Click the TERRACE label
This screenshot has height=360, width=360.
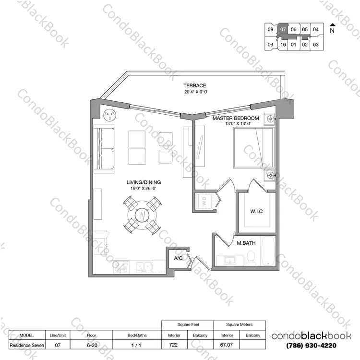195,85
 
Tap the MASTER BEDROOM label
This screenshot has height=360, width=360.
236,118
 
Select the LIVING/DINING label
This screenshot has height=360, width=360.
144,182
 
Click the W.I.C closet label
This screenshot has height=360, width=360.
256,211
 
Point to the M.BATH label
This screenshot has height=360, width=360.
246,243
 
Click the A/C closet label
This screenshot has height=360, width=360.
178,258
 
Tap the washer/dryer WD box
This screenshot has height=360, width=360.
204,201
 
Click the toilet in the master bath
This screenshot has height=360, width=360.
251,258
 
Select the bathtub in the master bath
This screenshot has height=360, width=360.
268,251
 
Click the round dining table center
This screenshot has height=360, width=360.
142,216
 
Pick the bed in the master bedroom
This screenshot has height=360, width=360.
254,148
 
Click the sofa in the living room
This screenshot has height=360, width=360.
104,148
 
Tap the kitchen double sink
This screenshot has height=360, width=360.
144,267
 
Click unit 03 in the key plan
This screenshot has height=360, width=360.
316,45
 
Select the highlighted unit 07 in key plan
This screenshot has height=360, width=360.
283,29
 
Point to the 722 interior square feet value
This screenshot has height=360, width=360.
173,345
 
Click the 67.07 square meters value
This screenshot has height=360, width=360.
227,345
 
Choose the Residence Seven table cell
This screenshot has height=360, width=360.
27,345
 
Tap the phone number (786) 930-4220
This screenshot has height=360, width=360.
311,345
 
